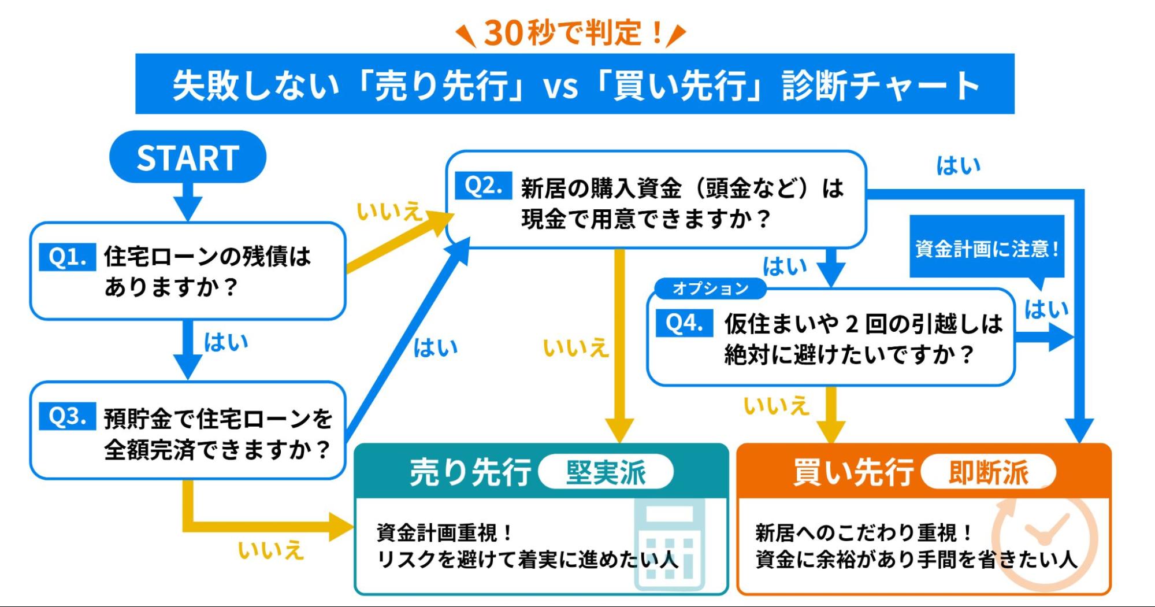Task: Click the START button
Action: tap(187, 157)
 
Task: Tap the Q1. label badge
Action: tap(68, 257)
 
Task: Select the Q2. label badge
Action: tap(483, 186)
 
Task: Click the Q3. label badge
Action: tap(68, 416)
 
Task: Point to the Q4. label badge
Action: tap(684, 323)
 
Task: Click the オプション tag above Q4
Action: tap(710, 288)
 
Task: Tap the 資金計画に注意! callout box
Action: tap(987, 248)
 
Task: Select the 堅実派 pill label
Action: tap(606, 472)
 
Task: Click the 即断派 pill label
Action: tap(988, 472)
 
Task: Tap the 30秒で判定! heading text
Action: tap(571, 33)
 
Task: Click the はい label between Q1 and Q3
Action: tap(226, 342)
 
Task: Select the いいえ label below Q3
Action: tap(270, 549)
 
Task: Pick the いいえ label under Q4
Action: tap(775, 405)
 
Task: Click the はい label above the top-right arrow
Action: tap(958, 166)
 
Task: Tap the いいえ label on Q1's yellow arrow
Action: tap(389, 212)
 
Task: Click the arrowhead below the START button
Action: tap(187, 207)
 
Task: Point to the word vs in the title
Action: tap(560, 87)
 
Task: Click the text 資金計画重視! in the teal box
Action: tap(444, 532)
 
